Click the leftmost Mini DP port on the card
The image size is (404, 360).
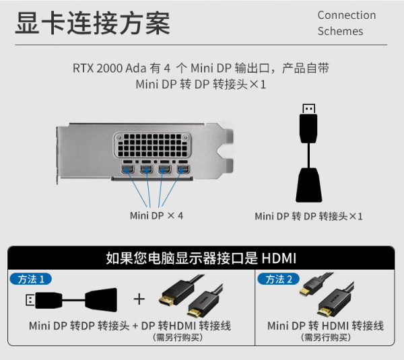128,170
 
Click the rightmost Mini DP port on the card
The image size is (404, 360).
183,170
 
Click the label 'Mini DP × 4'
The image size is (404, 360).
157,216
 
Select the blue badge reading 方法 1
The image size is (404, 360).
31,279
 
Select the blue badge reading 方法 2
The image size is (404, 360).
278,279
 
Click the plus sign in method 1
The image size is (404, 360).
139,299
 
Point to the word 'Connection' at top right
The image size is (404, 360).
347,15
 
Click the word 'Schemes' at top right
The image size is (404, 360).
340,31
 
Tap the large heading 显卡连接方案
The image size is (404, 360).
93,23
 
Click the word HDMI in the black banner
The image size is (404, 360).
279,258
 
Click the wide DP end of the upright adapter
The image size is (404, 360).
308,185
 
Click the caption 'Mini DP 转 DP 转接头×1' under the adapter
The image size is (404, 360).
308,216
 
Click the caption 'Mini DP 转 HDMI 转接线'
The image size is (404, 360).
325,326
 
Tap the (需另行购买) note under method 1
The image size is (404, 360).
178,337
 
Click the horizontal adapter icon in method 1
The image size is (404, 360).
71,300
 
